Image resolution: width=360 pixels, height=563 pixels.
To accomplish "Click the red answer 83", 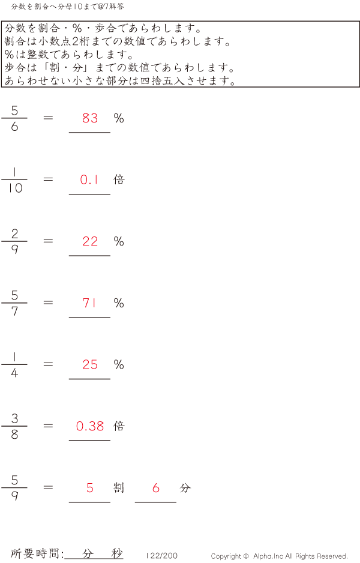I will click(x=90, y=118).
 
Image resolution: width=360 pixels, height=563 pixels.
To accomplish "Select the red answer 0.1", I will click(x=89, y=179).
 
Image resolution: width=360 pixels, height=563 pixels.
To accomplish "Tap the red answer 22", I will click(x=90, y=241).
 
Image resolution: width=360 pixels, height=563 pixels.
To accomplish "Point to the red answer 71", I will click(x=89, y=303).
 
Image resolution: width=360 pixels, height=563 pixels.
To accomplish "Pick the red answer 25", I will click(x=90, y=364).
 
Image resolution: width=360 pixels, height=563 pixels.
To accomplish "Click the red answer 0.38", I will click(x=90, y=426).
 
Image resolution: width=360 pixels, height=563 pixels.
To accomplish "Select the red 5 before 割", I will click(x=90, y=488).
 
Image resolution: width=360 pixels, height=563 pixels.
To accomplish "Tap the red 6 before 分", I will click(x=156, y=488).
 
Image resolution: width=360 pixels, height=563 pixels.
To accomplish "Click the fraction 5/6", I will click(x=14, y=118).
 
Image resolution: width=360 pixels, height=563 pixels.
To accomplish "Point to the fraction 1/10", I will click(x=14, y=179).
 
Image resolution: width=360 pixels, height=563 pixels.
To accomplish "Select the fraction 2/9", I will click(x=14, y=241).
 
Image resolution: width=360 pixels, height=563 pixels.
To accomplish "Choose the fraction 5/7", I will click(x=14, y=303).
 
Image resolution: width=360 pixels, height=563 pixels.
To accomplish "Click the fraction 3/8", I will click(x=14, y=426).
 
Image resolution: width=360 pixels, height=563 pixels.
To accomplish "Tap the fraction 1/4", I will click(x=14, y=364).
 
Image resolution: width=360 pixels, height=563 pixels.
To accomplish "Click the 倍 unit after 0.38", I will click(x=119, y=426).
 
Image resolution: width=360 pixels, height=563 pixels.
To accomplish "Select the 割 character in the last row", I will click(x=119, y=488).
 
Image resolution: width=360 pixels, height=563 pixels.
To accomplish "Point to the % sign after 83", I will click(x=119, y=118).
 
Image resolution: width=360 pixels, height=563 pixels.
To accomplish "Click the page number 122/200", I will click(x=162, y=556).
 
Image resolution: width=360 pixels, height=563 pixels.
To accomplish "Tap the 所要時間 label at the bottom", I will click(x=37, y=553).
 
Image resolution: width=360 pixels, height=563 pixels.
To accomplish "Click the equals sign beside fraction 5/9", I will click(x=49, y=487).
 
